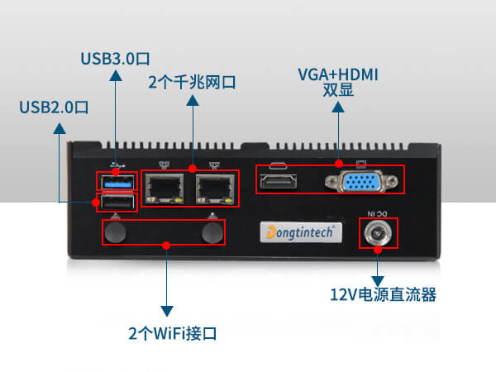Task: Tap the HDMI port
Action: coord(280,180)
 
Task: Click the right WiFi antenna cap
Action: coord(212,233)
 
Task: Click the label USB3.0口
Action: coord(115,59)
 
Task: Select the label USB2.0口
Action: coord(54,107)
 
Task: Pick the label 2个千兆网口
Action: coord(192,83)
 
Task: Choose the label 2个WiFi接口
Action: coord(172,334)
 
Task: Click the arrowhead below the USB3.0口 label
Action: coord(115,75)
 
